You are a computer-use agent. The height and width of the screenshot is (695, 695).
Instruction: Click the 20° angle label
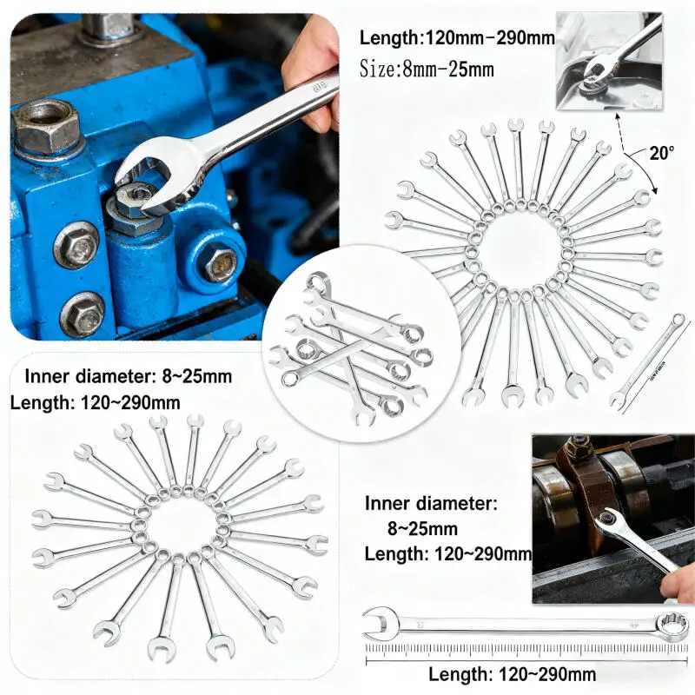coord(661,154)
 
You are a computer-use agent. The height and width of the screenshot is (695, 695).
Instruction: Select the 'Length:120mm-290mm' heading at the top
coord(457,38)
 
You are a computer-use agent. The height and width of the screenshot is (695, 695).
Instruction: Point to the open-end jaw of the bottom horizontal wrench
coord(379,622)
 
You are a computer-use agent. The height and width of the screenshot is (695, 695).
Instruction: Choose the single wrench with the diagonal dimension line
coord(647,361)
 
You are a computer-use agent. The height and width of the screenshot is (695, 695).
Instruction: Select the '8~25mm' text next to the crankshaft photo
coord(422,528)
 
